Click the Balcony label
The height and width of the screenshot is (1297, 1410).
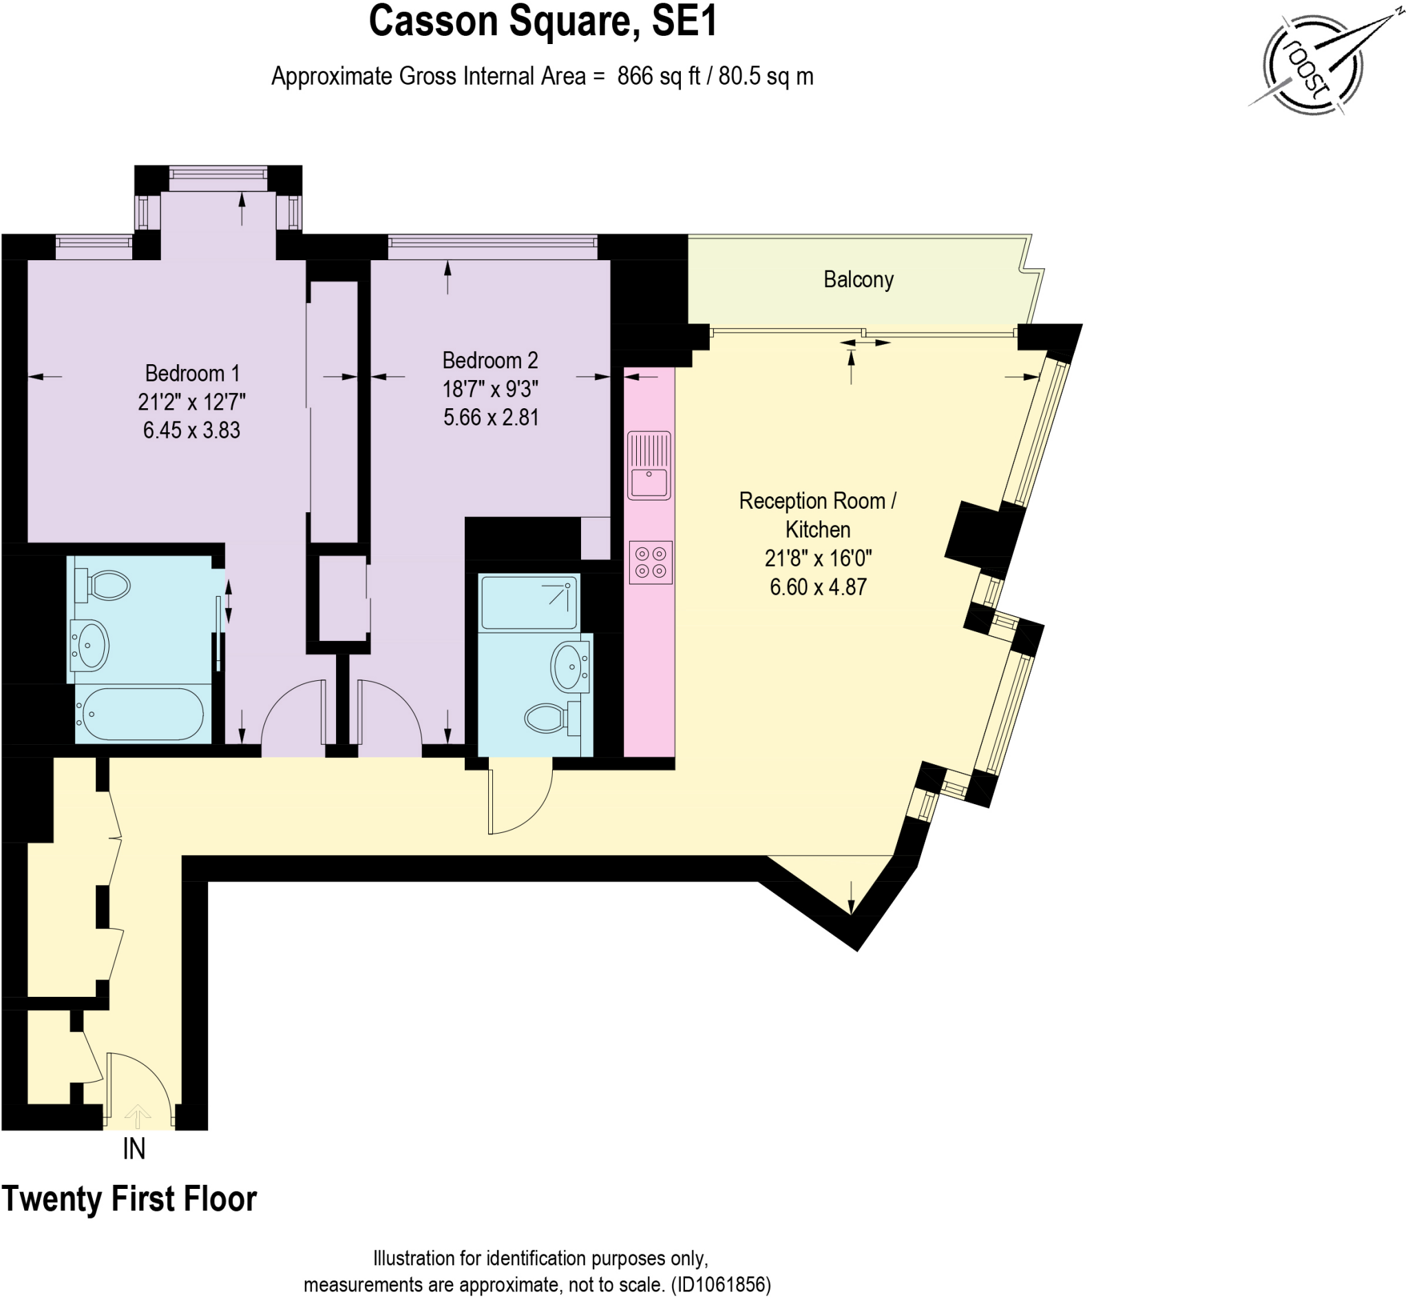(858, 280)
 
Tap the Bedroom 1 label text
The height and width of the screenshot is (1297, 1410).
(191, 373)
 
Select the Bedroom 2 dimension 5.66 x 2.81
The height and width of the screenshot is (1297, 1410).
(491, 418)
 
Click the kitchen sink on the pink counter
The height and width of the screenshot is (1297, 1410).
(649, 465)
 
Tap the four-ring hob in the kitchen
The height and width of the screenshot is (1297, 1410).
(650, 562)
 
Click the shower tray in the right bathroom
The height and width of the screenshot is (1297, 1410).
(529, 602)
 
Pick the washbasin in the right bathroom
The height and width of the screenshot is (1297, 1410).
(569, 665)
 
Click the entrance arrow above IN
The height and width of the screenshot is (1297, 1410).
(138, 1115)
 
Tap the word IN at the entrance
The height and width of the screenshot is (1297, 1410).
(134, 1150)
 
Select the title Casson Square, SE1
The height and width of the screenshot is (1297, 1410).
(543, 22)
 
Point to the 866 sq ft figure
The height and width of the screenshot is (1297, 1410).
(658, 76)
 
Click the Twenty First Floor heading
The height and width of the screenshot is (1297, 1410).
(129, 1199)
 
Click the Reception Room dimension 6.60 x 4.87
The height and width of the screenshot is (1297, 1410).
(818, 587)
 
